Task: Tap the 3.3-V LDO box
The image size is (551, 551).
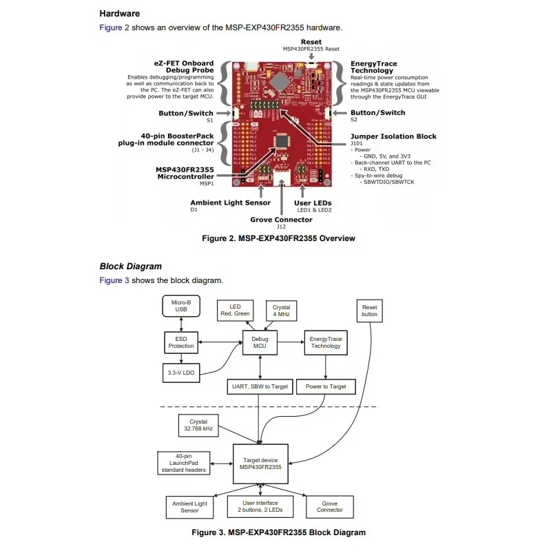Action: [x=181, y=372]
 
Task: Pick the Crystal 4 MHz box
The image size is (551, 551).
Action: [x=282, y=311]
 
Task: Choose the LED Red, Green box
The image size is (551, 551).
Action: [x=236, y=311]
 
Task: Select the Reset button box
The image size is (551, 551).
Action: [x=370, y=310]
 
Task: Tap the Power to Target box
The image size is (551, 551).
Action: [x=325, y=386]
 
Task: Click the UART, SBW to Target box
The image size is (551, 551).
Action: [x=260, y=386]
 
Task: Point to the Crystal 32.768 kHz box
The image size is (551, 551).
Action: [x=198, y=424]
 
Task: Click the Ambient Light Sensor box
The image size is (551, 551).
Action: [x=189, y=507]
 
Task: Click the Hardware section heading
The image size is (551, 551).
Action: [x=120, y=13]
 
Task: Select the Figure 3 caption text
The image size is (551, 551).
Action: [x=278, y=532]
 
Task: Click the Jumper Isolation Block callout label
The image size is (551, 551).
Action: [x=393, y=136]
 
